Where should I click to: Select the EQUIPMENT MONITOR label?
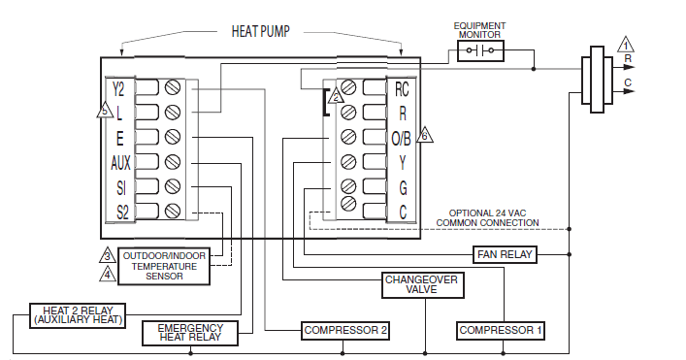pyautogui.click(x=480, y=28)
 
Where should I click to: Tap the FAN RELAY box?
pyautogui.click(x=504, y=254)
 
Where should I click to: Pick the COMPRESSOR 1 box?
pyautogui.click(x=501, y=331)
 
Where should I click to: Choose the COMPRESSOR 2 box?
pyautogui.click(x=345, y=331)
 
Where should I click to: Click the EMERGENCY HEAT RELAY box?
pyautogui.click(x=190, y=333)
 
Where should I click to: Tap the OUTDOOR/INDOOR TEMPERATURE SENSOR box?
pyautogui.click(x=164, y=265)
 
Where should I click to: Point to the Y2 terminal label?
pyautogui.click(x=118, y=88)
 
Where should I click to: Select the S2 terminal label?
pyautogui.click(x=121, y=210)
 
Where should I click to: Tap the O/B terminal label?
pyautogui.click(x=401, y=137)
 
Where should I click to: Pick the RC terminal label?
pyautogui.click(x=402, y=88)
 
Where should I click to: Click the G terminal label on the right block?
pyautogui.click(x=402, y=185)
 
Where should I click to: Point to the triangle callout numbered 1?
pyautogui.click(x=627, y=45)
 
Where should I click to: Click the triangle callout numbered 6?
pyautogui.click(x=423, y=136)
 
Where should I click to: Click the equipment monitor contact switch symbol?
pyautogui.click(x=480, y=50)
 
